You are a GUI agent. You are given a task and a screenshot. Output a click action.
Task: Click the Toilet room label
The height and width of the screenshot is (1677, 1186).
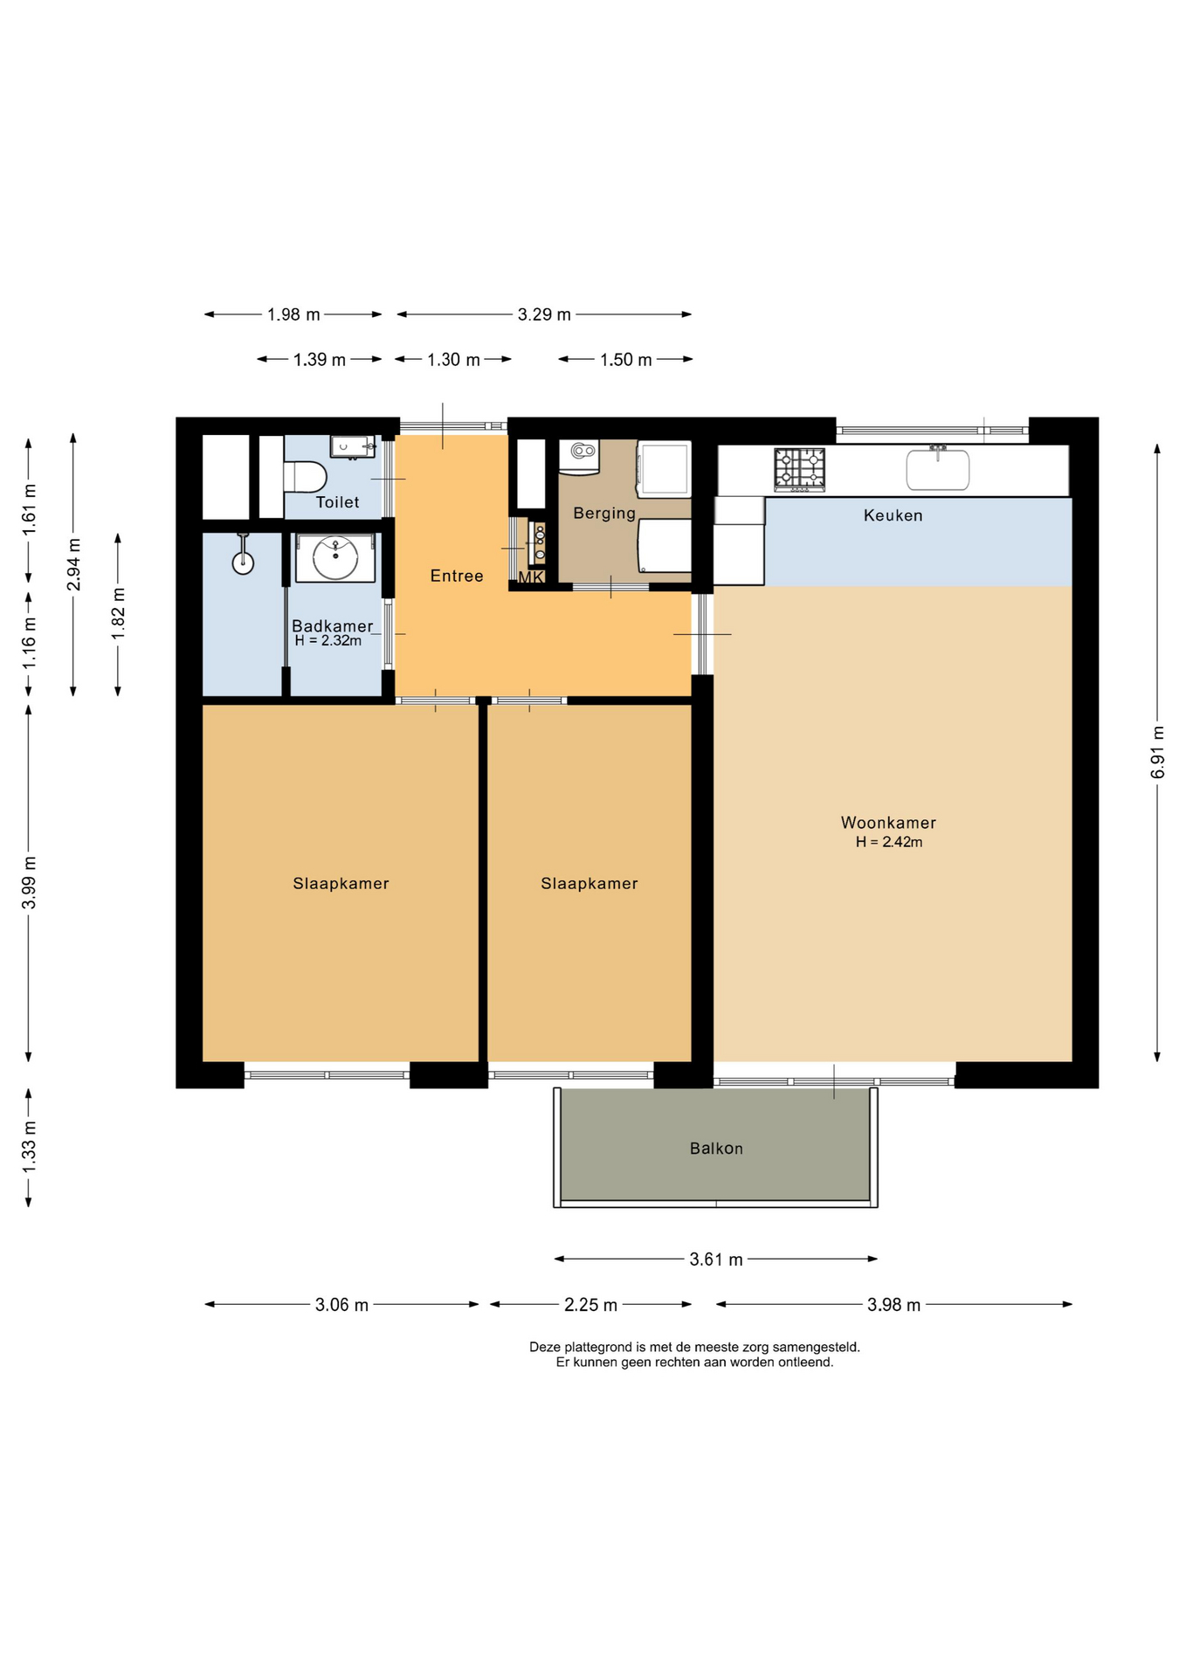tap(337, 502)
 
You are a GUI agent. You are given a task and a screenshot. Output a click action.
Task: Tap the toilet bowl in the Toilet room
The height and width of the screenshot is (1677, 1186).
tap(305, 478)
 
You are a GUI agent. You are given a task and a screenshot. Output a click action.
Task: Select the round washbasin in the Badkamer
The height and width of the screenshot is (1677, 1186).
tap(335, 558)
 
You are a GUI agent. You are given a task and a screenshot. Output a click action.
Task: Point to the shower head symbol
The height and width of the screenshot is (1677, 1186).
tap(243, 555)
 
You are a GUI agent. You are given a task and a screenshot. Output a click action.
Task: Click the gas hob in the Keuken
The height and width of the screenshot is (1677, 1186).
tap(799, 469)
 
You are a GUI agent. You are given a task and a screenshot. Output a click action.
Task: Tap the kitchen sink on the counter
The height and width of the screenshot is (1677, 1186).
tap(938, 469)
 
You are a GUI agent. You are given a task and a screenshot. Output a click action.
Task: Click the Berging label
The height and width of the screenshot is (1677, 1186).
tap(604, 514)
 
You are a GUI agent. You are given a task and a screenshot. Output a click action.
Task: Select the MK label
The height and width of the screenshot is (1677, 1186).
tap(531, 577)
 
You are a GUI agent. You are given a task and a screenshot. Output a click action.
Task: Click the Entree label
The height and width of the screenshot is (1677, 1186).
tap(457, 576)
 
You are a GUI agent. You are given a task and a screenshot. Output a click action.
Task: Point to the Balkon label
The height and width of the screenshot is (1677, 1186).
tap(716, 1149)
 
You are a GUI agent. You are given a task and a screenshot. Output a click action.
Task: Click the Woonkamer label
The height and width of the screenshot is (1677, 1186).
tap(888, 823)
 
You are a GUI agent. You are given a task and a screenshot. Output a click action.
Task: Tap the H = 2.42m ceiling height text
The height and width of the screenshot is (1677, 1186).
tap(889, 842)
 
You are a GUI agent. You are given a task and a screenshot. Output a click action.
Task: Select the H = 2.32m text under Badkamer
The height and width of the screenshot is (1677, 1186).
tap(328, 640)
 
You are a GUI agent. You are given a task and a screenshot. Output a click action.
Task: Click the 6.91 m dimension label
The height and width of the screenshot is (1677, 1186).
tap(1158, 752)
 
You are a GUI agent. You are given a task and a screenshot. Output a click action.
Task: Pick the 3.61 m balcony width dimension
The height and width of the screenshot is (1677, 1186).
tap(716, 1259)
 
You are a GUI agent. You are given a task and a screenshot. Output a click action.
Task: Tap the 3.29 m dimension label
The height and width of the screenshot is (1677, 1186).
tap(544, 314)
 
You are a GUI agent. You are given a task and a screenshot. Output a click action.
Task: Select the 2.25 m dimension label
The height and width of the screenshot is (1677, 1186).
tap(590, 1305)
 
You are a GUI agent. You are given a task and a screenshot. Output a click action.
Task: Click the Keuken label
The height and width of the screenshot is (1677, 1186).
tap(893, 515)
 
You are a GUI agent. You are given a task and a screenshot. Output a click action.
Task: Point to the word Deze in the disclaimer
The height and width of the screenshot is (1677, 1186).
tap(545, 1347)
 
